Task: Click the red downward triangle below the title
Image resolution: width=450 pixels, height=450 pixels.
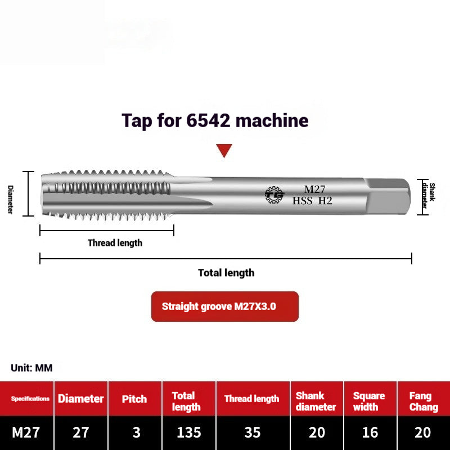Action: [x=224, y=150]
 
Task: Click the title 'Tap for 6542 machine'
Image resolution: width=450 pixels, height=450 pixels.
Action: [x=215, y=120]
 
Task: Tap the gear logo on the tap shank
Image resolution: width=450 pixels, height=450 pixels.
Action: [x=274, y=195]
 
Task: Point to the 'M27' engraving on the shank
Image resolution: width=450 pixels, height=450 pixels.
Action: [x=315, y=190]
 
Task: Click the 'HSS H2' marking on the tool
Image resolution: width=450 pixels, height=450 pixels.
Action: [x=312, y=200]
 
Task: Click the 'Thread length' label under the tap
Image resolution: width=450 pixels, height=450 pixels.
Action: [x=115, y=243]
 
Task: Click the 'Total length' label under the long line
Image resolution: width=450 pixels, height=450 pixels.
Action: [x=226, y=273]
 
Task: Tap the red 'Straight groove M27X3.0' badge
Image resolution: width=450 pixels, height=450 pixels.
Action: [x=224, y=307]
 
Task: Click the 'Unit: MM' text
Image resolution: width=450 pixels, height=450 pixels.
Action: [x=31, y=368]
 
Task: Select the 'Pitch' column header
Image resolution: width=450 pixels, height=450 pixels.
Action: [x=135, y=399]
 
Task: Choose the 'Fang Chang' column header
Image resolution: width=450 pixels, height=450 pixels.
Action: [x=423, y=402]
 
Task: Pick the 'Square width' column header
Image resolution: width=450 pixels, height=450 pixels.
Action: [x=368, y=402]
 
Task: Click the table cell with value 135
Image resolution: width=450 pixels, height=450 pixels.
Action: [x=188, y=433]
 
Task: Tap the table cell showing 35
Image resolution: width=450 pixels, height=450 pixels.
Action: [x=253, y=433]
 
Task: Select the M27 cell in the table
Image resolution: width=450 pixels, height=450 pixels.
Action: [x=26, y=433]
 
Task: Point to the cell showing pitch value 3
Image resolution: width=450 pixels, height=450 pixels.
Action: [x=135, y=433]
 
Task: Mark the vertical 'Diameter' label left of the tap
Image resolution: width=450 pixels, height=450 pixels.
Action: [x=10, y=199]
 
